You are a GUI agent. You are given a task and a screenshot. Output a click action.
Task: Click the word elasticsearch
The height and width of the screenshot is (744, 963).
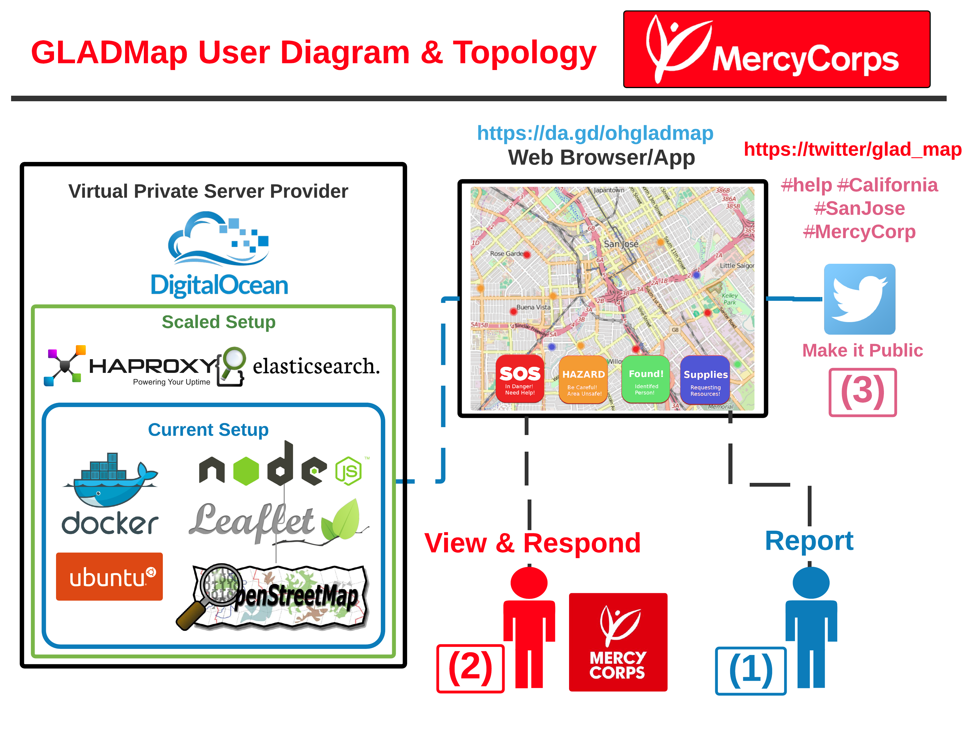click(316, 366)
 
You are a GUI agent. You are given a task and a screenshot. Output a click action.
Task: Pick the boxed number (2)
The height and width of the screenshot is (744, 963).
click(470, 668)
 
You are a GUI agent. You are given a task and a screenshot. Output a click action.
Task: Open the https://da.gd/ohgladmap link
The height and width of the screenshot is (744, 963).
click(595, 133)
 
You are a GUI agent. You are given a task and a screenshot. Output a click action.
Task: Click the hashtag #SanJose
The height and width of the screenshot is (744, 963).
click(859, 208)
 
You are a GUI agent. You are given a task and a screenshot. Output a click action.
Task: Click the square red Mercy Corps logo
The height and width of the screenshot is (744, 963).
click(618, 642)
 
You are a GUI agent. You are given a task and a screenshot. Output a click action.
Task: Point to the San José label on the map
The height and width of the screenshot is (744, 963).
click(621, 244)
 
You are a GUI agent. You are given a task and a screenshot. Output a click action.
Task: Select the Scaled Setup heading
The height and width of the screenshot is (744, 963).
click(218, 322)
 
